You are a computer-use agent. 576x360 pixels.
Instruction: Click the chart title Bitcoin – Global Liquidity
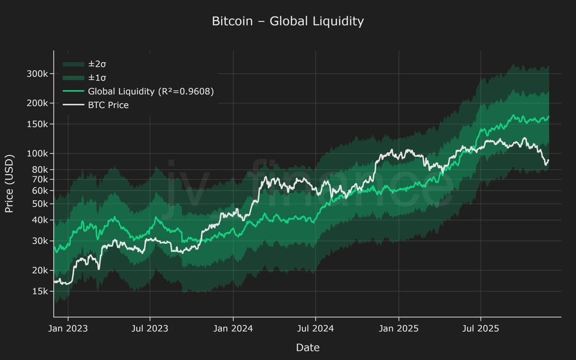tap(287, 21)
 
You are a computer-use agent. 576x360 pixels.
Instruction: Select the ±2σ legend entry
tap(97, 64)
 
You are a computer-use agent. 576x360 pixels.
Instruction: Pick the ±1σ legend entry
tap(97, 78)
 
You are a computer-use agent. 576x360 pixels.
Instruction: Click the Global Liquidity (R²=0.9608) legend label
tap(150, 91)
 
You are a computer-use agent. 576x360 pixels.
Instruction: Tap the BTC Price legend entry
tap(108, 105)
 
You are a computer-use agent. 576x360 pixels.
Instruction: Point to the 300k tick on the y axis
tap(37, 73)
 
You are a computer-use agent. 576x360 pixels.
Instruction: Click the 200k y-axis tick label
tap(37, 103)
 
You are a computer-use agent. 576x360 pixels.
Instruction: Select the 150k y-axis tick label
tap(37, 124)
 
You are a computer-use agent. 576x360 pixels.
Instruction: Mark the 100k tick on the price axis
tap(37, 153)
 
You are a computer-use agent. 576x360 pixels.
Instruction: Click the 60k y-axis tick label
tap(39, 190)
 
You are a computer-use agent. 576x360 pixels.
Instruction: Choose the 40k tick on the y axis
tap(39, 220)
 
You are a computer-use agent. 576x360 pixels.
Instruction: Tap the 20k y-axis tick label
tap(39, 270)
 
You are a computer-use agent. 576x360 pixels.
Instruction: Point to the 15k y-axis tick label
tap(39, 291)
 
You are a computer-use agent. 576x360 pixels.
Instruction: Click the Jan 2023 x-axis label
tap(68, 328)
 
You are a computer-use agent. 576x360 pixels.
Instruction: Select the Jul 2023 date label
tap(150, 328)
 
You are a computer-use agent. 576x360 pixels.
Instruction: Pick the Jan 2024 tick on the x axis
tap(233, 328)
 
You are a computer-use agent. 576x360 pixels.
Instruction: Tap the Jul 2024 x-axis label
tap(315, 328)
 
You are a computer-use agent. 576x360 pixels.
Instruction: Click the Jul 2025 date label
tap(480, 328)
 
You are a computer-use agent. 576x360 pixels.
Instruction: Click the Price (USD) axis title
tap(9, 183)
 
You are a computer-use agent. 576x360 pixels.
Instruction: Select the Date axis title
tap(307, 347)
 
